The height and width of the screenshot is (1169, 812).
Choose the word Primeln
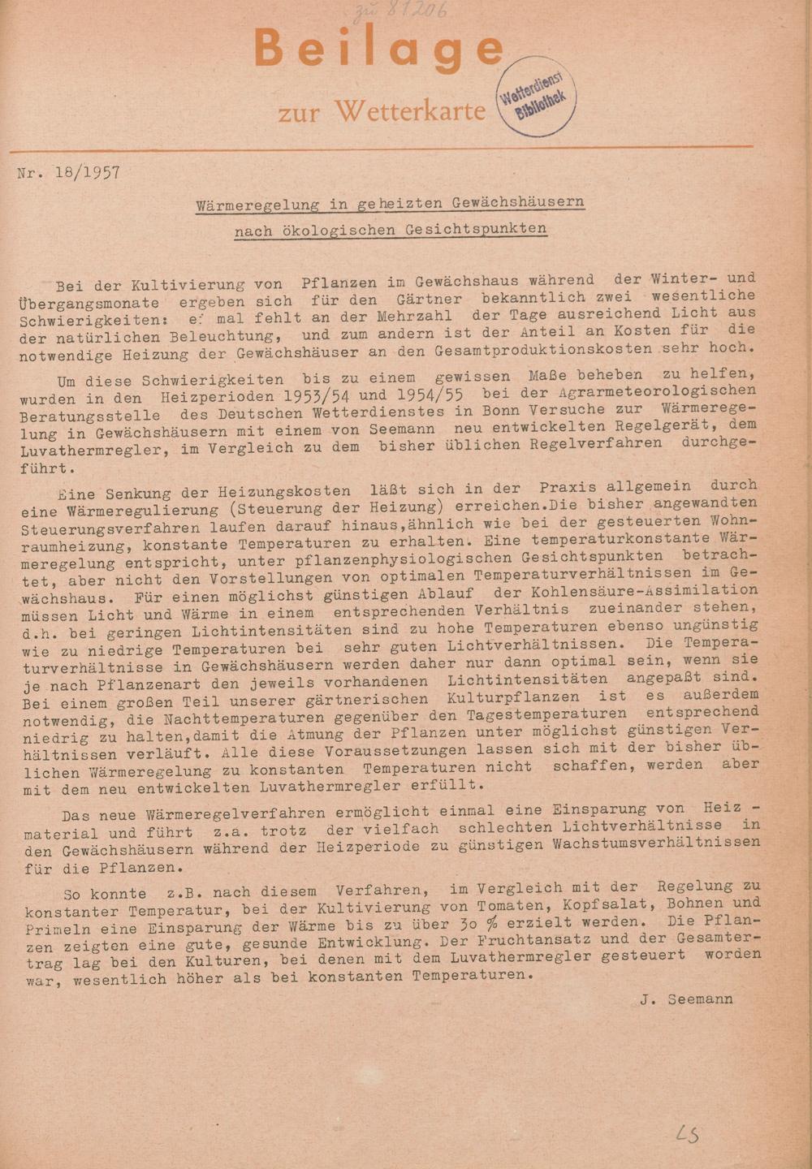[x=54, y=928]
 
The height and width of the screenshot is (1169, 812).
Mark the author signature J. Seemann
[x=686, y=999]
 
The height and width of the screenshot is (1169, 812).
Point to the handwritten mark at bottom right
[x=688, y=1133]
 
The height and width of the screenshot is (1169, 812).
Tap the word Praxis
[x=566, y=487]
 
